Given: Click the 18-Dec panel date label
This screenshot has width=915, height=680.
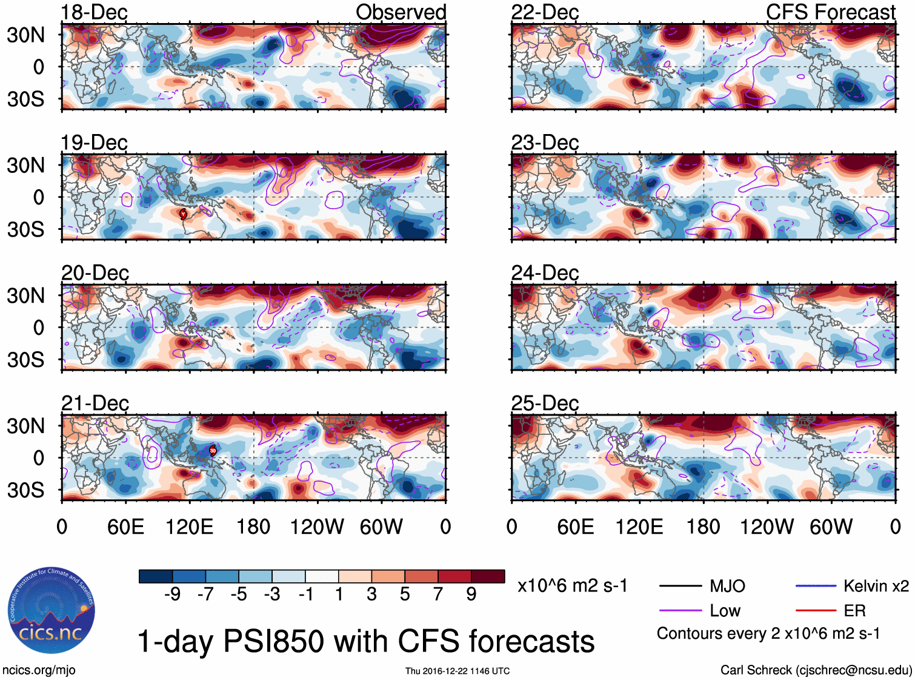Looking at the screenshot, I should pyautogui.click(x=94, y=12).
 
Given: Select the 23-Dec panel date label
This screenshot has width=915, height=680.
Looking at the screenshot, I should pyautogui.click(x=545, y=143).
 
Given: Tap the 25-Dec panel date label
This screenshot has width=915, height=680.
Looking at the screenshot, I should pyautogui.click(x=545, y=403).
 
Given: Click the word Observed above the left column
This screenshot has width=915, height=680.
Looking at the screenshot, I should pyautogui.click(x=401, y=12).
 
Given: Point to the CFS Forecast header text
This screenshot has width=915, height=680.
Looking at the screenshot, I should pyautogui.click(x=830, y=12).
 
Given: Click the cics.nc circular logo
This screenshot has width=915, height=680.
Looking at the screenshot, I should pyautogui.click(x=51, y=611).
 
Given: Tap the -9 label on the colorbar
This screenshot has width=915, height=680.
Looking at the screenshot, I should pyautogui.click(x=172, y=594).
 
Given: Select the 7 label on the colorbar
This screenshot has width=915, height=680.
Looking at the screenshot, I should pyautogui.click(x=438, y=594).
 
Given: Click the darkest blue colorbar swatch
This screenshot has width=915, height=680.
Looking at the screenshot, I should pyautogui.click(x=155, y=576).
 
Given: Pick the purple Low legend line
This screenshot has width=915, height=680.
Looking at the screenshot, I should pyautogui.click(x=680, y=610).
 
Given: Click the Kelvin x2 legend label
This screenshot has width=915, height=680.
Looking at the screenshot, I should pyautogui.click(x=876, y=586).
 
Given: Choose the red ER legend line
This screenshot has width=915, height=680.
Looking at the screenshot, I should pyautogui.click(x=816, y=610).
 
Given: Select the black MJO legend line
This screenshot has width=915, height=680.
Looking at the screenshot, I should pyautogui.click(x=680, y=586).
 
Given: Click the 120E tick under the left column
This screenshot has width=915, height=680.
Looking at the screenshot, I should pyautogui.click(x=189, y=527).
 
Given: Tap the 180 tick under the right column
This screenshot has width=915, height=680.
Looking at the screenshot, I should pyautogui.click(x=703, y=527).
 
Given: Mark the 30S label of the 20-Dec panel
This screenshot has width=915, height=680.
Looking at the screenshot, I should pyautogui.click(x=25, y=360).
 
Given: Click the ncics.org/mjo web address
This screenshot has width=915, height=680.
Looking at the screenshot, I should pyautogui.click(x=39, y=670).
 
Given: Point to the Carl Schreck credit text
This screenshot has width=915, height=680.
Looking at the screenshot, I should pyautogui.click(x=816, y=670).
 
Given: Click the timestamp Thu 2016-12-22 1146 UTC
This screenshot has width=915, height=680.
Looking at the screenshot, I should pyautogui.click(x=457, y=671).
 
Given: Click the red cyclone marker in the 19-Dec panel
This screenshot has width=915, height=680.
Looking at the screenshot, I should pyautogui.click(x=183, y=214).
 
